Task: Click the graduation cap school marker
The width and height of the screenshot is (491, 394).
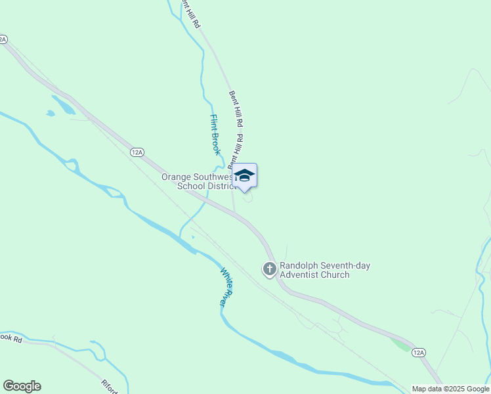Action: (245, 175)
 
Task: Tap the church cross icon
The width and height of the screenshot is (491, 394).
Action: (270, 269)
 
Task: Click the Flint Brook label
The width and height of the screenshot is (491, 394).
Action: (214, 135)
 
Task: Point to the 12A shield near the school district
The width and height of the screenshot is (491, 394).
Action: (137, 152)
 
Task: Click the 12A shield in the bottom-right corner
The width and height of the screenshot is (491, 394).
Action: (419, 353)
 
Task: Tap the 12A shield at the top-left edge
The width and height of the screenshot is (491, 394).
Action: (3, 39)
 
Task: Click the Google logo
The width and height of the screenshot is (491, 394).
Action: (22, 386)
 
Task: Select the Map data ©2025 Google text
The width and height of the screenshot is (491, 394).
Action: (450, 389)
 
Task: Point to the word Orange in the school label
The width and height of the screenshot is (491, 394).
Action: (177, 177)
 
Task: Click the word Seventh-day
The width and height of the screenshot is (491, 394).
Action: (346, 266)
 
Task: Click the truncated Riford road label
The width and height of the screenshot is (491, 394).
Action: (108, 385)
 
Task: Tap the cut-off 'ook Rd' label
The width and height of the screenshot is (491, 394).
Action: (11, 338)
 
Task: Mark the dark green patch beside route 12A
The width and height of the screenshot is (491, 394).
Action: (400, 343)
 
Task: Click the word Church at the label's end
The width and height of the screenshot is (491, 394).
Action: (335, 274)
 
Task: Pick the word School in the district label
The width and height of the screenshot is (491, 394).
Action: (191, 186)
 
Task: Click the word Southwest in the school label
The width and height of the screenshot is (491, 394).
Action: (213, 177)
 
